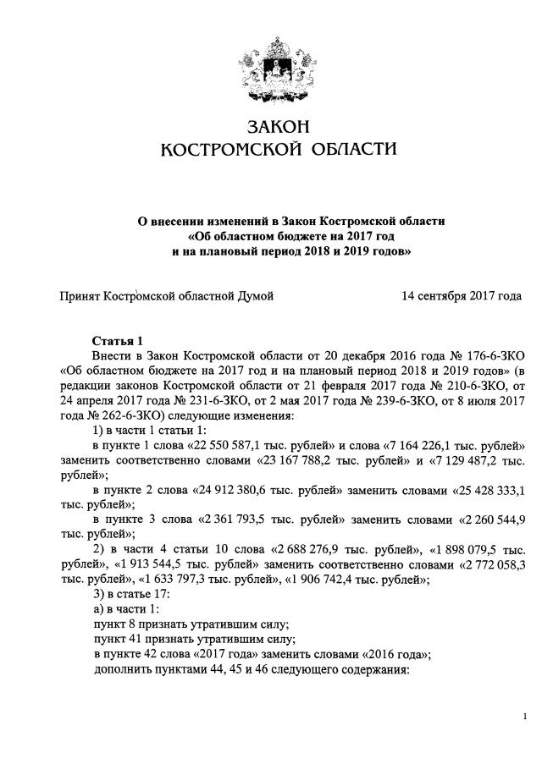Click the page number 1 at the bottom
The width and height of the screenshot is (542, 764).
coord(525,717)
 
